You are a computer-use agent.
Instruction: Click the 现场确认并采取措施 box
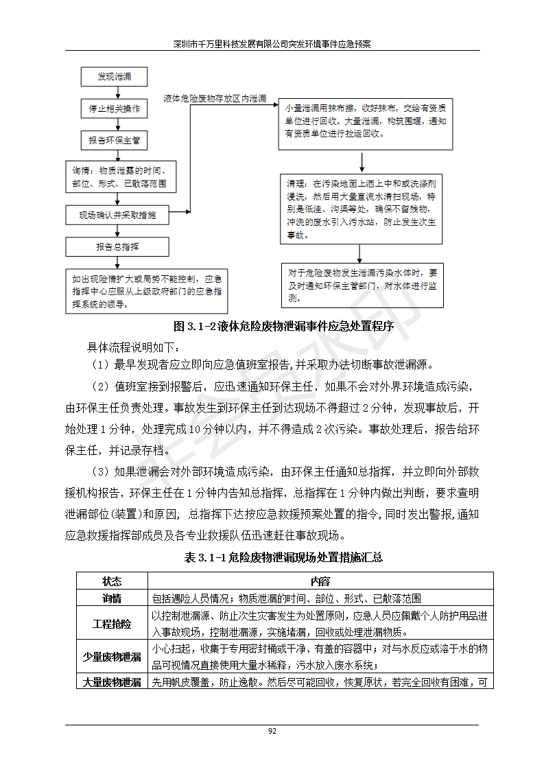coord(117,215)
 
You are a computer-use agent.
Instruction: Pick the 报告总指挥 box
coord(117,246)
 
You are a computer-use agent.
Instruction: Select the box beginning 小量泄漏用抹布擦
coord(365,125)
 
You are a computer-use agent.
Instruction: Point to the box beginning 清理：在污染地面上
coord(362,209)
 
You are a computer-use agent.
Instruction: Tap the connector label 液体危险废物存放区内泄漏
coord(215,99)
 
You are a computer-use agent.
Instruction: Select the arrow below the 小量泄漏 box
coord(362,162)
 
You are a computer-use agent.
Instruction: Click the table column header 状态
coord(111,581)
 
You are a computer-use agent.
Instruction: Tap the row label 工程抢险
coord(111,624)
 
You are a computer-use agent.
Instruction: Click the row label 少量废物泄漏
coord(111,657)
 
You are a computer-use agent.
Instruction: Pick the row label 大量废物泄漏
coord(111,682)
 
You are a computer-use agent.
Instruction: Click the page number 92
coord(272,732)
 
